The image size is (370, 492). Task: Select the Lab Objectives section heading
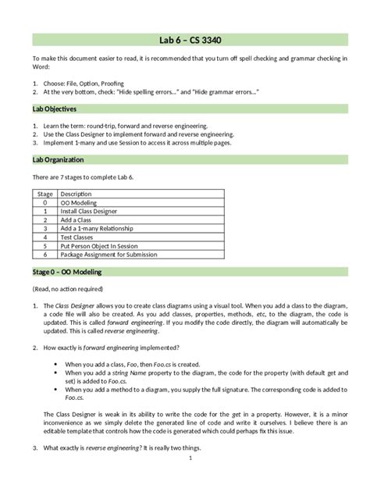pos(55,109)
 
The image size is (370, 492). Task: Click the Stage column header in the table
pos(45,194)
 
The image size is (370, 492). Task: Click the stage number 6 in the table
pos(46,254)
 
